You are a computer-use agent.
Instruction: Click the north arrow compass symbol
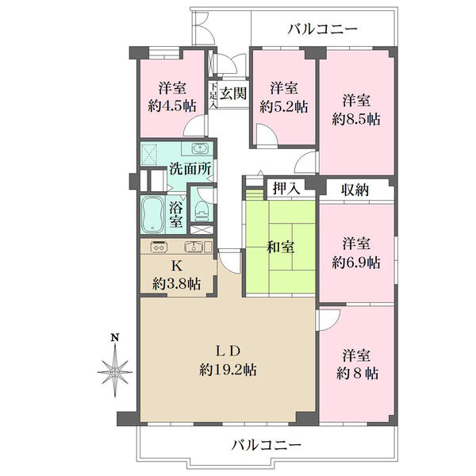[x=115, y=371]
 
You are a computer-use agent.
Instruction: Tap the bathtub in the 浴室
[x=152, y=215]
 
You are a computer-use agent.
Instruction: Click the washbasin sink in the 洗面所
[x=200, y=148]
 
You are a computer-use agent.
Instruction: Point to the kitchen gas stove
[x=159, y=247]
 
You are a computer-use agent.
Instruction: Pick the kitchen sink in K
[x=194, y=247]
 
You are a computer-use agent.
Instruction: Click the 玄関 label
[x=232, y=94]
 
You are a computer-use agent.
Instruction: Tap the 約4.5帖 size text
[x=172, y=106]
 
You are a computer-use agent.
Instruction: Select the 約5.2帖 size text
[x=283, y=107]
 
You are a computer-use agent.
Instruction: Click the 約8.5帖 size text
[x=355, y=119]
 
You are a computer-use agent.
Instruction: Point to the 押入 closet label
[x=286, y=188]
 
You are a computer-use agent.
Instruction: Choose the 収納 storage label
[x=355, y=190]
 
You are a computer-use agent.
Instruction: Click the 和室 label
[x=280, y=247]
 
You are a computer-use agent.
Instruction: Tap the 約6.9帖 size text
[x=355, y=263]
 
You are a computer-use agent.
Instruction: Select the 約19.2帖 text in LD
[x=228, y=370]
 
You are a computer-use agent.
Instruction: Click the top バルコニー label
[x=322, y=29]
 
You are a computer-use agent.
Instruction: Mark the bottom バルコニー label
[x=266, y=446]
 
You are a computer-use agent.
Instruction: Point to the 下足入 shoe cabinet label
[x=213, y=94]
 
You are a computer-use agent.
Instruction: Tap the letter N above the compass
[x=114, y=338]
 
